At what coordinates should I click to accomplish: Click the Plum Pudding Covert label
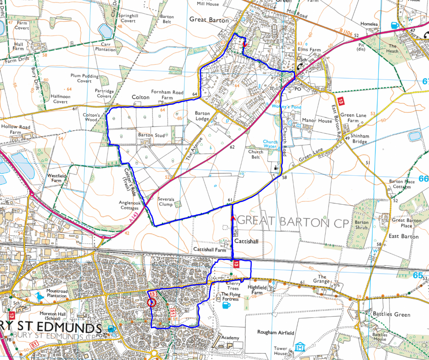[84, 78]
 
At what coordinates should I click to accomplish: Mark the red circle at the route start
[151, 303]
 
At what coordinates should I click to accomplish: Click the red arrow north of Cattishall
[232, 218]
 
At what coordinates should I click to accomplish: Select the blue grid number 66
[423, 179]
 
